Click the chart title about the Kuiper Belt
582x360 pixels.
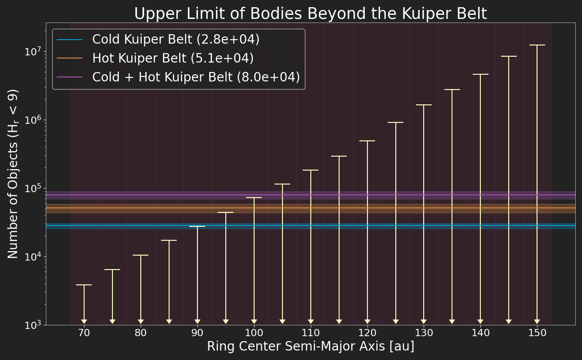click(x=310, y=14)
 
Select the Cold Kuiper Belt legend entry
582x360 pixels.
click(x=175, y=40)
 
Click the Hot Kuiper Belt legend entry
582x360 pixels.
click(x=173, y=58)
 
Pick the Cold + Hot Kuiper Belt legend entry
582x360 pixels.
click(x=196, y=77)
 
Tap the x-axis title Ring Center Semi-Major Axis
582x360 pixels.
click(x=310, y=347)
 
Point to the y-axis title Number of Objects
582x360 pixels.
click(x=13, y=174)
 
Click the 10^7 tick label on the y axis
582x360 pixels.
click(x=33, y=52)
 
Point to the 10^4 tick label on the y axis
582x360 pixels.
click(x=33, y=257)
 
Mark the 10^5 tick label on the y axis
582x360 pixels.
click(x=33, y=189)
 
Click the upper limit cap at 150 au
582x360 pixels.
click(x=537, y=45)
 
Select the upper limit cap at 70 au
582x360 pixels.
click(x=84, y=285)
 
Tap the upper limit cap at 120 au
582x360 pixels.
click(x=367, y=141)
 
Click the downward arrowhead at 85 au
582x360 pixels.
click(x=169, y=321)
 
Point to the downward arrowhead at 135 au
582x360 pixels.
click(x=452, y=321)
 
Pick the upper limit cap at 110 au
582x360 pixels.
click(x=311, y=170)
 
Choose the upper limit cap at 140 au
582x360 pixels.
click(x=480, y=74)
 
